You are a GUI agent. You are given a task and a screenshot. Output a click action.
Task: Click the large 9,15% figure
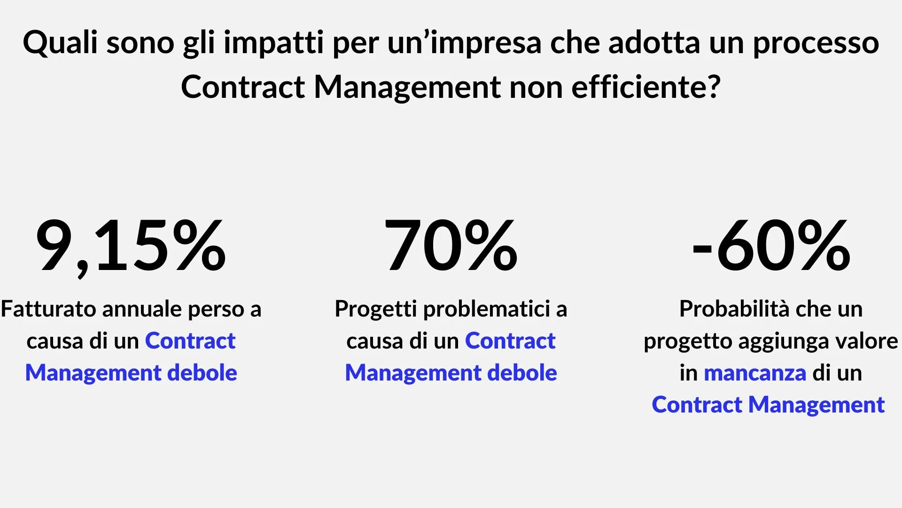click(131, 246)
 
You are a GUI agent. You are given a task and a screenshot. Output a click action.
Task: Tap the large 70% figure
click(451, 246)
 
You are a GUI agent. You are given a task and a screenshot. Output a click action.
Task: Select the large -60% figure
click(771, 246)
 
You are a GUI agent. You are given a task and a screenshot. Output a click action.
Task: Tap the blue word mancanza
click(755, 373)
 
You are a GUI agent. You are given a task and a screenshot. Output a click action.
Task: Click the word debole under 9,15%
click(202, 373)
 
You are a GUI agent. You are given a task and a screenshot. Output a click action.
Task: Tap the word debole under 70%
click(522, 373)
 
